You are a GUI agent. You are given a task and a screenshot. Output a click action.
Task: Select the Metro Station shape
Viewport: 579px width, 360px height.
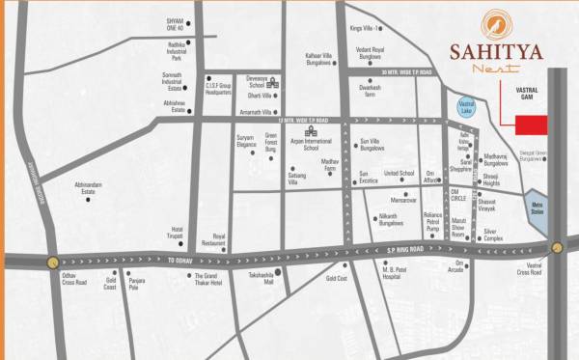tap(537, 211)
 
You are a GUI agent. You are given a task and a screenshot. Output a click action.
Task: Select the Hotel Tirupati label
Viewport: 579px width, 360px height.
tap(170, 234)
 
